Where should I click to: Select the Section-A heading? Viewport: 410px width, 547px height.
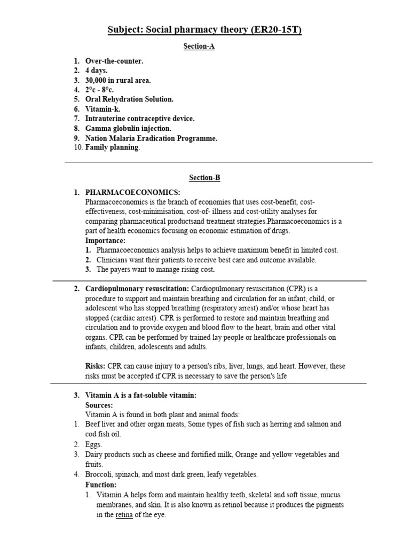point(199,46)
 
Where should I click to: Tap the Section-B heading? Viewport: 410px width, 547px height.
point(204,178)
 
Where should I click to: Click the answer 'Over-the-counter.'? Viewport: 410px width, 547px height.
point(114,61)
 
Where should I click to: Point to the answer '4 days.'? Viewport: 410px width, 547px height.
point(97,71)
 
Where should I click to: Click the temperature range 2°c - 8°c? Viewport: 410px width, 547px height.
point(102,90)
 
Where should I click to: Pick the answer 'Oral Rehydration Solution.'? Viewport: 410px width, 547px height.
point(129,99)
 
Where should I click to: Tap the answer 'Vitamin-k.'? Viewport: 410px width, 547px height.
point(103,109)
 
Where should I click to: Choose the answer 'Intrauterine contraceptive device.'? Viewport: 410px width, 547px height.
point(140,119)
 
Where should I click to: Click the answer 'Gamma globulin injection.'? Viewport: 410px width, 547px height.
point(128,128)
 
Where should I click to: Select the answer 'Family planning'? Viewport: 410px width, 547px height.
point(112,147)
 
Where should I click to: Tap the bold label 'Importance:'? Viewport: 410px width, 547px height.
point(105,240)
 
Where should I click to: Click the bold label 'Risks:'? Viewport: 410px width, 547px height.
point(96,366)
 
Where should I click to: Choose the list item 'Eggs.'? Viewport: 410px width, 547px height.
point(93,444)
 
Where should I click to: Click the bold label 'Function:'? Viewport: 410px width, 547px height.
point(101,485)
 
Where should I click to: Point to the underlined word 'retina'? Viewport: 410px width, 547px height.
point(124,515)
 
